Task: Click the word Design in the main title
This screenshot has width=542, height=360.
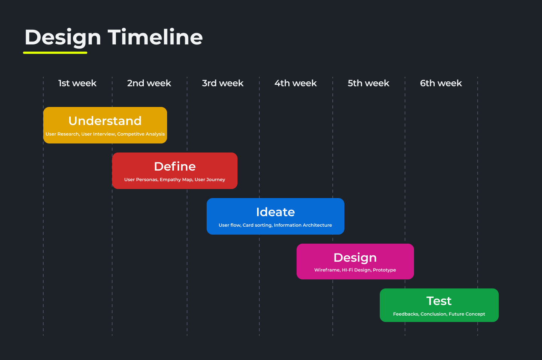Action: (x=63, y=38)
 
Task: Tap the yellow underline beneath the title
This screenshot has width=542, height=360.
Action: (x=55, y=53)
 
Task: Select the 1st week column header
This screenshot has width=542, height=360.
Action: (x=78, y=83)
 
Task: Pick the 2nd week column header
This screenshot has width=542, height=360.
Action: (x=149, y=83)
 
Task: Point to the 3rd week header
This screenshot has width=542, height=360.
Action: (x=222, y=83)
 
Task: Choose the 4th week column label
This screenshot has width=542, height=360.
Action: (x=295, y=83)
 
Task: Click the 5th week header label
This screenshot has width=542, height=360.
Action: (x=368, y=83)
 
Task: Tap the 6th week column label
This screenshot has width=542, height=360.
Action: (x=441, y=83)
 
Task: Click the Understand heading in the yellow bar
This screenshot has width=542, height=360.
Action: (x=105, y=121)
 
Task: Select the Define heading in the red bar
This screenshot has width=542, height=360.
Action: (x=175, y=166)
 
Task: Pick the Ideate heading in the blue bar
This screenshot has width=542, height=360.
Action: (x=276, y=212)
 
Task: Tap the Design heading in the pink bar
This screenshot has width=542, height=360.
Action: (x=355, y=258)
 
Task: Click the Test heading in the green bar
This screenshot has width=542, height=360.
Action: (x=439, y=301)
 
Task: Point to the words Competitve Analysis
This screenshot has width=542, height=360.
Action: (x=141, y=134)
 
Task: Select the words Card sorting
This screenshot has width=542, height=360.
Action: (x=257, y=225)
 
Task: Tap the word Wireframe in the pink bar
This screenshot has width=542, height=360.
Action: (x=327, y=270)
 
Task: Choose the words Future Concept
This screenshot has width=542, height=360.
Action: (x=467, y=314)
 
